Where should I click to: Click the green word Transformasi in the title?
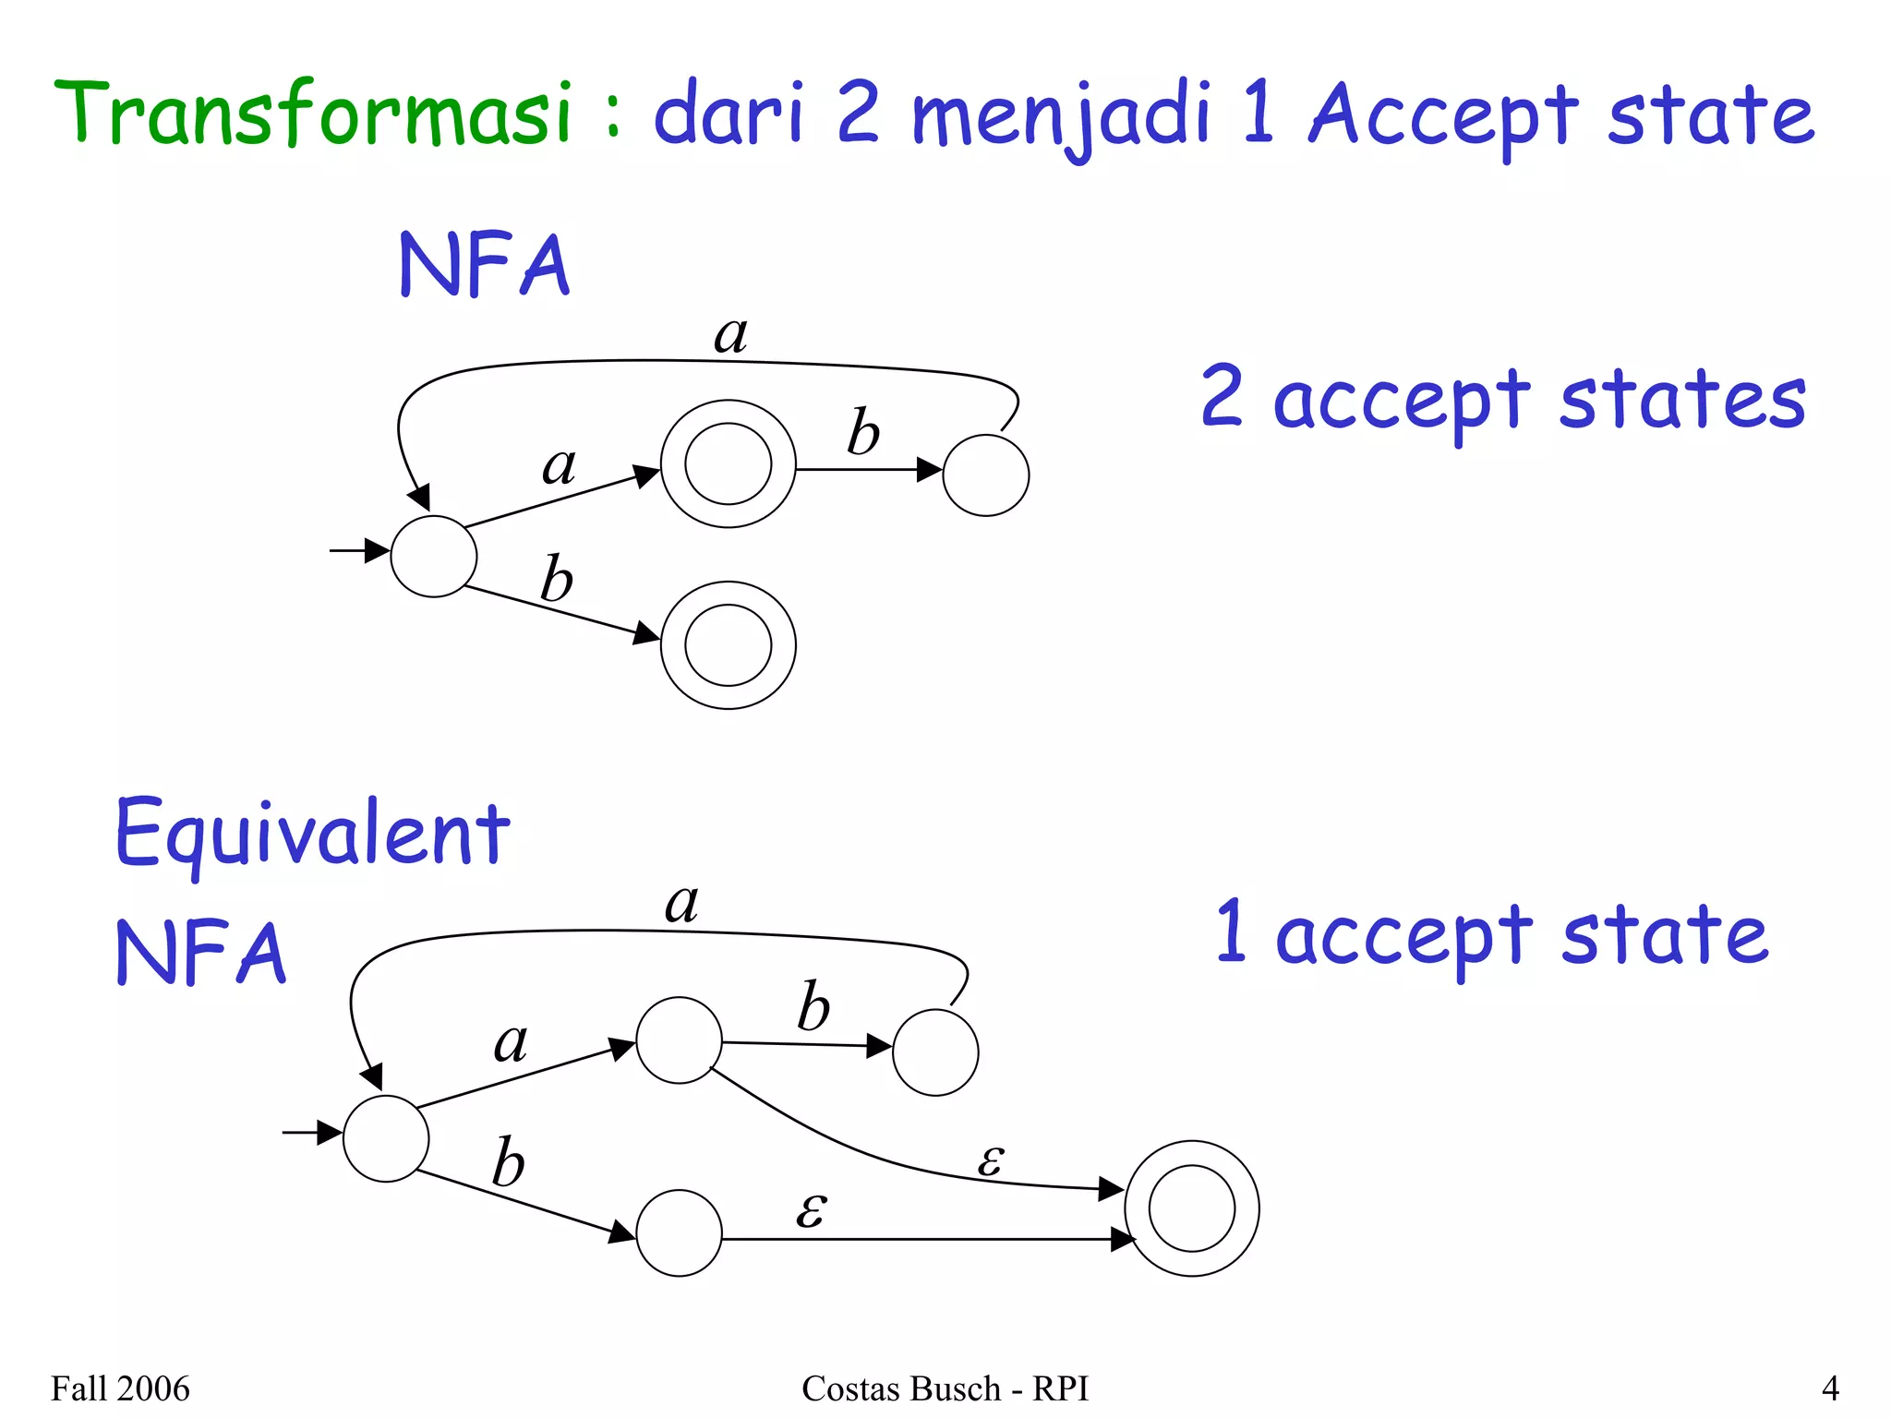pos(314,114)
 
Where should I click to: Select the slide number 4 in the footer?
pos(1829,1388)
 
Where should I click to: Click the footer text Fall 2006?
pos(120,1388)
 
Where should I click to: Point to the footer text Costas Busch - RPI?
pos(945,1388)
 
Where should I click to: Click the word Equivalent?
pos(312,833)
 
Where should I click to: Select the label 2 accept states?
pos(1502,399)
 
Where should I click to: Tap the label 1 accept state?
pos(1491,934)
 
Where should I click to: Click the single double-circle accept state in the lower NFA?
pos(1191,1208)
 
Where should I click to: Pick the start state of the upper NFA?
pos(433,556)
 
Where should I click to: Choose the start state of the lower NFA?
pos(385,1138)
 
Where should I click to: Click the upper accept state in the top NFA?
pos(728,463)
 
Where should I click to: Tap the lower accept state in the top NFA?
pos(728,645)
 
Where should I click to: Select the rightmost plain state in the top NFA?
pos(985,475)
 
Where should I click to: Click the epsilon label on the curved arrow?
pos(990,1160)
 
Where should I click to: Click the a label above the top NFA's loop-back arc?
pos(730,334)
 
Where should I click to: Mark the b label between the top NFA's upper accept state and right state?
pos(863,431)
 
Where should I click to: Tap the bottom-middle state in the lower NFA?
pos(679,1232)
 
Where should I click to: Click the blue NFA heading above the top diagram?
pos(484,265)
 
